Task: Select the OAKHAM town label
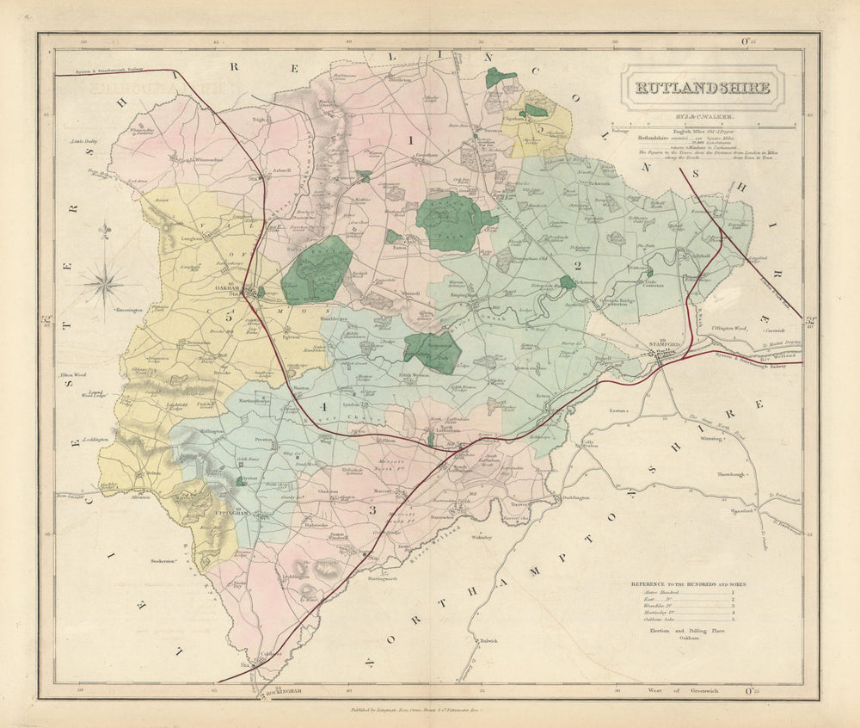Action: (226, 289)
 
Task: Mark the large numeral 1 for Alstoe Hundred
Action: (410, 139)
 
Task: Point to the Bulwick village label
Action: (489, 640)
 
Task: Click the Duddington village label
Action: (576, 497)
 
